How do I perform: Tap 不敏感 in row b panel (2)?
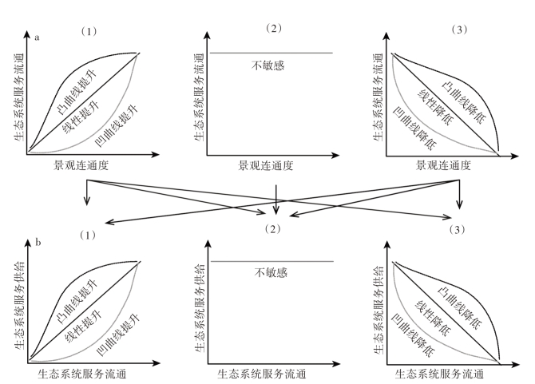point(272,272)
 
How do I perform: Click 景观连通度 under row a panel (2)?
point(266,166)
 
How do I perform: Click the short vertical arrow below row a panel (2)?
point(275,200)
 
